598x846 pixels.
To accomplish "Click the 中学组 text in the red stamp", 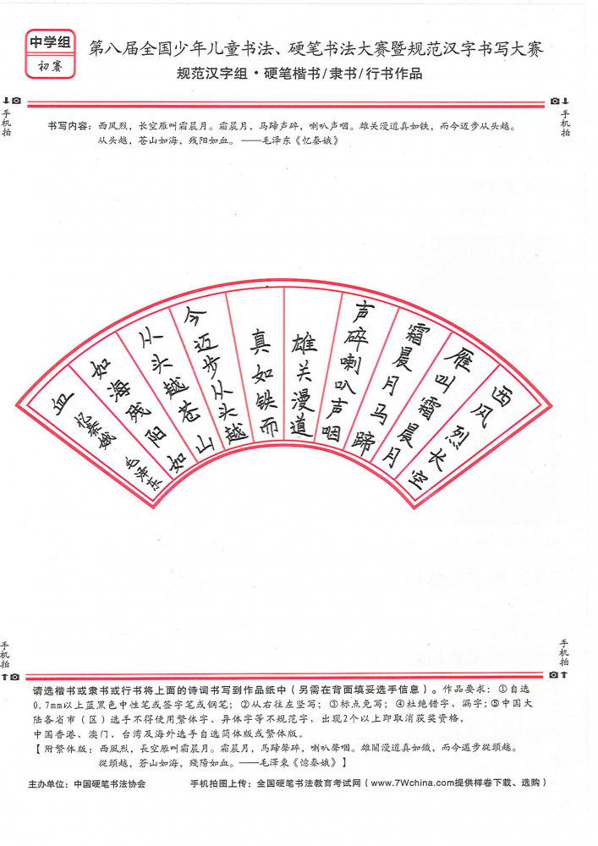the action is click(50, 42).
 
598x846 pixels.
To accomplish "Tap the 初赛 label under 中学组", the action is click(50, 66).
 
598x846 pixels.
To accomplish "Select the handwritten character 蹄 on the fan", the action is click(363, 443).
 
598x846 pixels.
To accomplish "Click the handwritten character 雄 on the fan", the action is click(304, 342).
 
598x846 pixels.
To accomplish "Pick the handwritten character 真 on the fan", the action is click(260, 341).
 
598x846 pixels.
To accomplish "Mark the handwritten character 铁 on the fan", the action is click(264, 400).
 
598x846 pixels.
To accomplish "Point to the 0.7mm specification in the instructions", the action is click(46, 705).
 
